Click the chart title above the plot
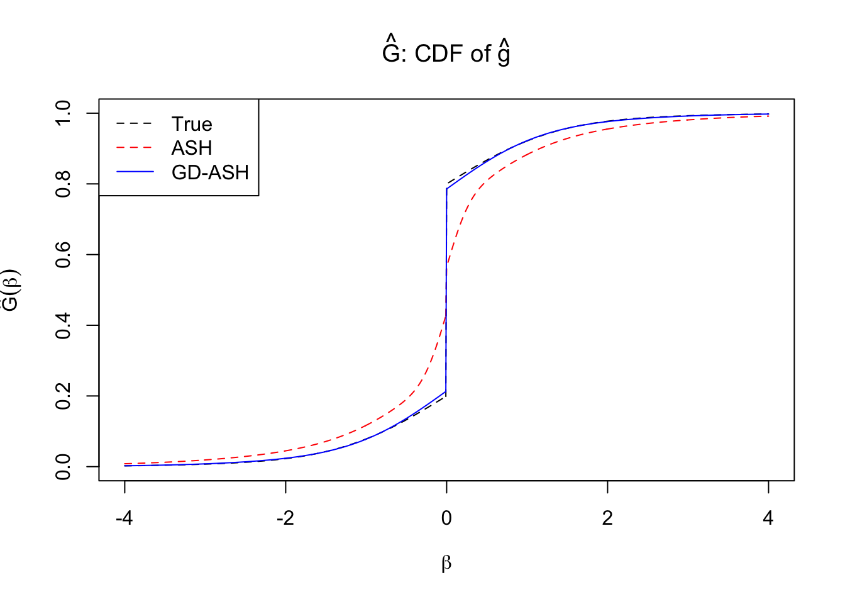coord(446,53)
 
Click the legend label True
coord(192,124)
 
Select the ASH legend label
coord(192,148)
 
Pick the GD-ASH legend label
coord(210,172)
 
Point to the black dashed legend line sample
coord(135,124)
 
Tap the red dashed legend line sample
coord(135,148)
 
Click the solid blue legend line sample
coord(135,172)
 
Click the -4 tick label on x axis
coord(124,518)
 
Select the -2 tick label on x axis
coord(285,518)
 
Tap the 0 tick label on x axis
coord(446,518)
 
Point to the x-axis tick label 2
coord(607,518)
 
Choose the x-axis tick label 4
coord(768,518)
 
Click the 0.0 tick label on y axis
coord(64,467)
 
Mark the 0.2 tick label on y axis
coord(64,396)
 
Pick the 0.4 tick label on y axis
coord(64,325)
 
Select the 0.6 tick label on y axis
coord(64,255)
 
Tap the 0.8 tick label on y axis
coord(64,184)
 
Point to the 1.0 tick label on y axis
coord(64,113)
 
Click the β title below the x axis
coord(446,562)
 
